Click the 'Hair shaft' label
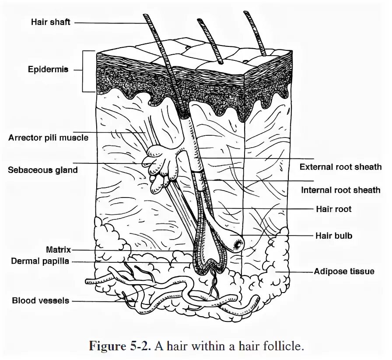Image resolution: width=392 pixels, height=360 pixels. (x=50, y=22)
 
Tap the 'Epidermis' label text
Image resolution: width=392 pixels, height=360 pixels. (x=48, y=69)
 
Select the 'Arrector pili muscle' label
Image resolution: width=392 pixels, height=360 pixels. (x=48, y=138)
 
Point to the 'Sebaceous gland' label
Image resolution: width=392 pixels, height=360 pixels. (x=42, y=169)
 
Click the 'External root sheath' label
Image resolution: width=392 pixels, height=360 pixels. (x=340, y=167)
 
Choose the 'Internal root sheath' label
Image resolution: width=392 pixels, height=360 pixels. (x=340, y=190)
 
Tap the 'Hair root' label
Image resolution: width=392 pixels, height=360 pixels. (x=333, y=209)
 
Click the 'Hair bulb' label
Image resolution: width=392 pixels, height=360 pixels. (x=334, y=236)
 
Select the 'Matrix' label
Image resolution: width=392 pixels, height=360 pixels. (x=58, y=250)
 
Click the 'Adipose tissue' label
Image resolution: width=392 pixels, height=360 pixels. (x=344, y=272)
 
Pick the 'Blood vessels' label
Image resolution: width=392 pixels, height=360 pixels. (x=41, y=300)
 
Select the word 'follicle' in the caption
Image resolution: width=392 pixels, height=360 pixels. (x=285, y=346)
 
